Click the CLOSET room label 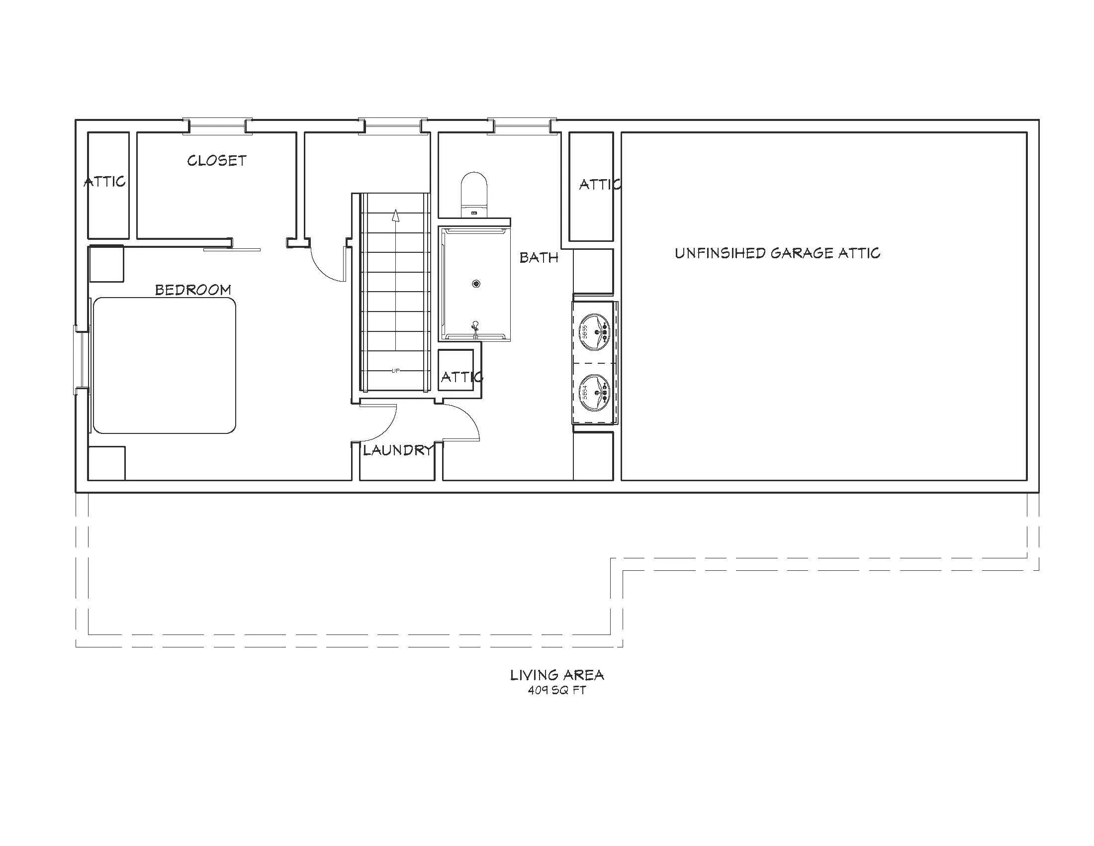pyautogui.click(x=217, y=160)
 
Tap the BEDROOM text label pyautogui.click(x=193, y=290)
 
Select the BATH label pyautogui.click(x=539, y=258)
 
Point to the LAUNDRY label pyautogui.click(x=398, y=450)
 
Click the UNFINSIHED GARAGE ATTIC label pyautogui.click(x=777, y=253)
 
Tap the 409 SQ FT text pyautogui.click(x=556, y=690)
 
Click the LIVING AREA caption pyautogui.click(x=557, y=675)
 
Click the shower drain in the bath pyautogui.click(x=476, y=284)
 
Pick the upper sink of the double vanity pyautogui.click(x=595, y=331)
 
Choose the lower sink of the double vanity pyautogui.click(x=595, y=393)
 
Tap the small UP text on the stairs pyautogui.click(x=395, y=371)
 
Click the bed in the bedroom pyautogui.click(x=164, y=365)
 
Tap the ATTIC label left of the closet pyautogui.click(x=105, y=182)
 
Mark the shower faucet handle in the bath pyautogui.click(x=475, y=325)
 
